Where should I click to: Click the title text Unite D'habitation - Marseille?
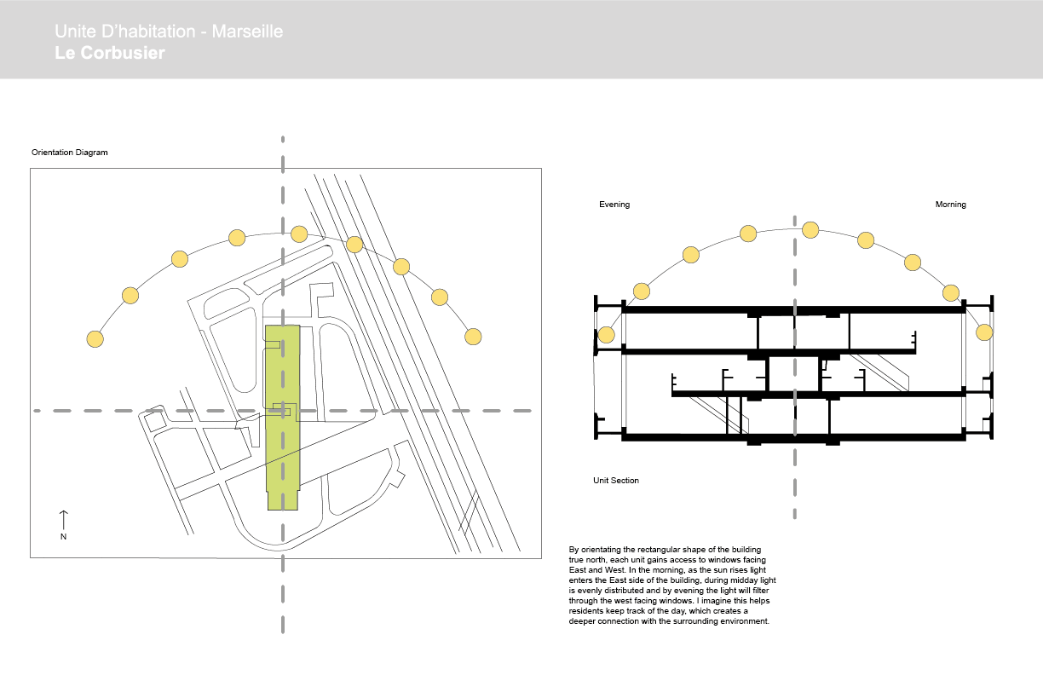pos(168,32)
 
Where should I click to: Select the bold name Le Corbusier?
pos(109,53)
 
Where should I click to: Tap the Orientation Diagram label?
pos(70,153)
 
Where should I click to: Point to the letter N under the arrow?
pos(63,537)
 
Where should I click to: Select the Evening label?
pos(614,205)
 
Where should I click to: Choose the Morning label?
pos(950,205)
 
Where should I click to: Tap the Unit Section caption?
pos(616,481)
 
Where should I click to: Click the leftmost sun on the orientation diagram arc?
pos(95,338)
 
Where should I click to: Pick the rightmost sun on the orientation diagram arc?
pos(473,336)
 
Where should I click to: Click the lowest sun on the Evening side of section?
pos(607,334)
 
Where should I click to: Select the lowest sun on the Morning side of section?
pos(984,332)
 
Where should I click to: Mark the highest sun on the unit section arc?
pos(810,229)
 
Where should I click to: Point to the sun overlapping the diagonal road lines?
pos(354,245)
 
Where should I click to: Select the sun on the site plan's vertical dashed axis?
pos(298,234)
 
